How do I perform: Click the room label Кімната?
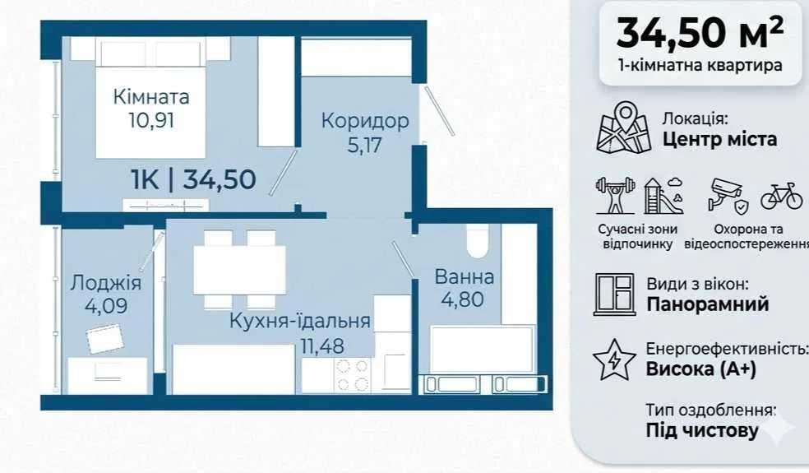click(151, 97)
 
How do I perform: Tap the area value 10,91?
click(151, 120)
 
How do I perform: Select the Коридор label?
click(365, 121)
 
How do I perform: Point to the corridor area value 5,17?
click(364, 145)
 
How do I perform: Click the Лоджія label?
click(106, 282)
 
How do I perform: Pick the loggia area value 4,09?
click(106, 306)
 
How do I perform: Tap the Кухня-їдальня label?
click(300, 321)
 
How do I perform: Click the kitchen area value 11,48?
click(322, 346)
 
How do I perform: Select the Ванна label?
click(465, 276)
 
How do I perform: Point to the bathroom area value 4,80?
click(462, 299)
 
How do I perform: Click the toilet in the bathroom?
click(477, 241)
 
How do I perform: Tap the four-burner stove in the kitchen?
click(353, 375)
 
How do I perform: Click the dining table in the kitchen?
click(239, 270)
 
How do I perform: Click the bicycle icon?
click(782, 197)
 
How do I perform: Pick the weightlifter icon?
click(615, 195)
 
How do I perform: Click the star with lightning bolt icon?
click(614, 360)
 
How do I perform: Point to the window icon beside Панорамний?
click(614, 294)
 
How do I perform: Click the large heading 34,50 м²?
click(700, 33)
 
